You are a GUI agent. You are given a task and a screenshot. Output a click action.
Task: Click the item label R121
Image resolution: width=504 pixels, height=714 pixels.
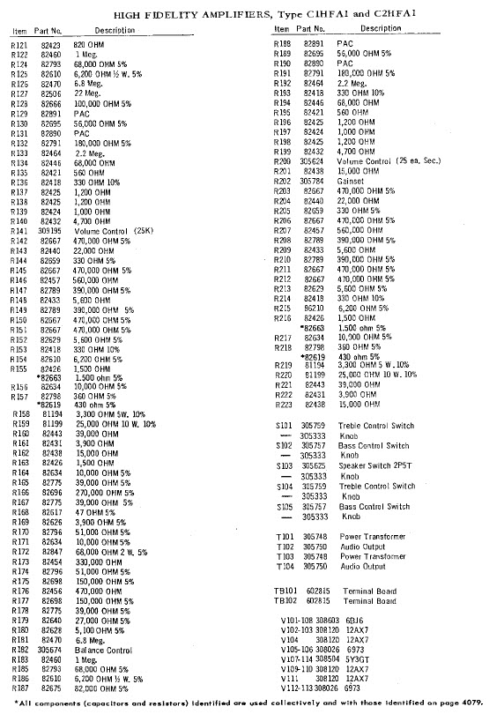[19, 44]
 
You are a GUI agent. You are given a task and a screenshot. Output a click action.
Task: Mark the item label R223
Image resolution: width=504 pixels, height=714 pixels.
[284, 405]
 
